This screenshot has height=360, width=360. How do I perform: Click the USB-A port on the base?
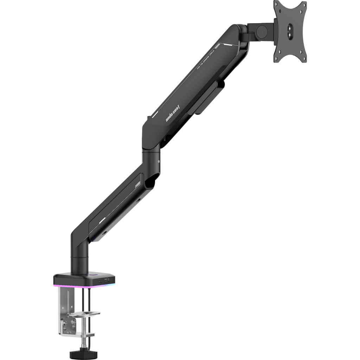pyautogui.click(x=107, y=280)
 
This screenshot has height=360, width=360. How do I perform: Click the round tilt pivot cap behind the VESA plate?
pyautogui.click(x=261, y=31)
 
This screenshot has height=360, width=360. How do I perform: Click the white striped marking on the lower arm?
pyautogui.click(x=138, y=185)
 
